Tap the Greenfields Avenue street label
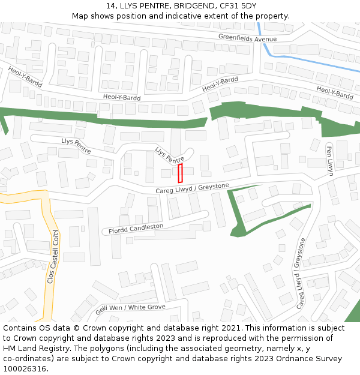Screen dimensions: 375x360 coord(247,38)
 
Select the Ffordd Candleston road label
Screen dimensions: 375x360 coord(136,229)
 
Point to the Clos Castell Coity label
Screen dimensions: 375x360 coord(52,257)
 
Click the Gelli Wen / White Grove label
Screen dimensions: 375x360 coord(130,310)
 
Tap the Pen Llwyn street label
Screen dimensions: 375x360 coord(329,159)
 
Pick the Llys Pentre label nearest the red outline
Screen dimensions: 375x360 coord(170,155)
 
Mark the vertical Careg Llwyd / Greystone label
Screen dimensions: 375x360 coord(301,274)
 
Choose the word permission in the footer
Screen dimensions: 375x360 coord(299,338)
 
